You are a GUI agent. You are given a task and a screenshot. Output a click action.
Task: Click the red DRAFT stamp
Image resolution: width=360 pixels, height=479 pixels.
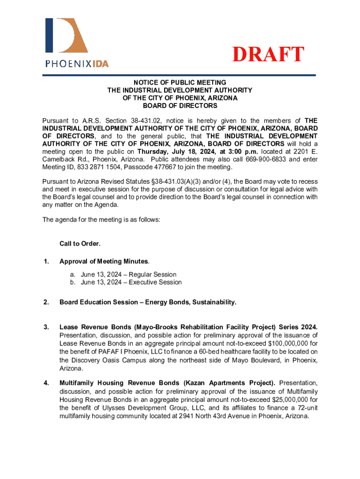coord(269,55)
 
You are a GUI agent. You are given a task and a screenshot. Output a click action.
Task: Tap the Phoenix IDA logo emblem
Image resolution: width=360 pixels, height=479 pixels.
coord(66,36)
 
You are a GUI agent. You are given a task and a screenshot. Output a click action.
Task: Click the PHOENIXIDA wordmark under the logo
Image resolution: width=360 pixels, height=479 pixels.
coord(77,63)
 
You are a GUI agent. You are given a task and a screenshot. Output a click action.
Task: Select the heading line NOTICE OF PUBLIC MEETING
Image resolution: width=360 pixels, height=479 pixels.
coord(180,82)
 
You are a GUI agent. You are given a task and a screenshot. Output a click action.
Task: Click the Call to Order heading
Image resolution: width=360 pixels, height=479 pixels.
coord(80,244)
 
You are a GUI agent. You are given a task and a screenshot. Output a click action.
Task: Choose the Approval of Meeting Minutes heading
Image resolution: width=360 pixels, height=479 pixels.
coord(104,261)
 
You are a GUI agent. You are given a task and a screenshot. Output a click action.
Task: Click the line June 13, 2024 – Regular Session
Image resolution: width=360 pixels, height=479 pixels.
coord(129,275)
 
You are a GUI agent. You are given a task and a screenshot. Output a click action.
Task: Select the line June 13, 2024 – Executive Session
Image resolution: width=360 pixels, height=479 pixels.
coord(131,282)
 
